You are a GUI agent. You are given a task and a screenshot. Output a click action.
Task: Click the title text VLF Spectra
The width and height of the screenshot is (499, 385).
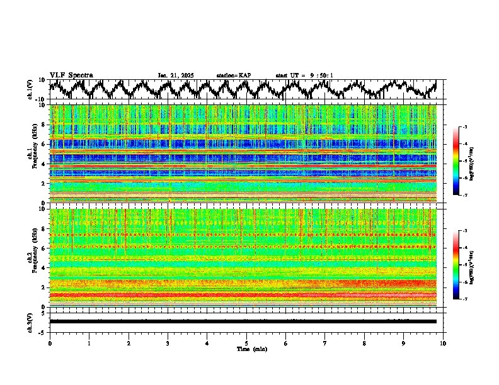[x=71, y=75]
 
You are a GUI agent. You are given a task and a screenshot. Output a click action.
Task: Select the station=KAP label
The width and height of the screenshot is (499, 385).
[x=233, y=75]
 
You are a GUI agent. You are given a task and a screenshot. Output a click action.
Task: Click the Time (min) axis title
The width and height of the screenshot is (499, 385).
[x=246, y=349]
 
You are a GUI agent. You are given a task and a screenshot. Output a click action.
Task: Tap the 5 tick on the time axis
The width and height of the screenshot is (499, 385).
[x=246, y=343]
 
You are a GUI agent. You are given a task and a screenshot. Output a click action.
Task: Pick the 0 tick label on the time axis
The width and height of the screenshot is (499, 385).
[x=50, y=343]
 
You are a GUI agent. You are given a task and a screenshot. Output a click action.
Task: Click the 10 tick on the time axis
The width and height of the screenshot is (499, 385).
[x=443, y=343]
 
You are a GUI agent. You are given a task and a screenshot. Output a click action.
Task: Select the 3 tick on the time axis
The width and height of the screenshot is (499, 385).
[x=168, y=343]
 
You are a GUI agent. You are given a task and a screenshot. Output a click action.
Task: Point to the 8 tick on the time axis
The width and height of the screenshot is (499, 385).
[x=364, y=343]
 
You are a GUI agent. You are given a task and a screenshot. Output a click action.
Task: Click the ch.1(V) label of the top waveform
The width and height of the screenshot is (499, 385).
[x=30, y=89]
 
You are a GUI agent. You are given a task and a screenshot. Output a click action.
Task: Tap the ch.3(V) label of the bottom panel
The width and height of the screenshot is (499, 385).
[x=30, y=321]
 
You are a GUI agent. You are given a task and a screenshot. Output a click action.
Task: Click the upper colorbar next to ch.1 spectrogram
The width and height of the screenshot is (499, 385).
[x=462, y=161]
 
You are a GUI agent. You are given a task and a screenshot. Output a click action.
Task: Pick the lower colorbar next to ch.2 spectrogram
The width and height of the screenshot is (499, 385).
[x=462, y=264]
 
